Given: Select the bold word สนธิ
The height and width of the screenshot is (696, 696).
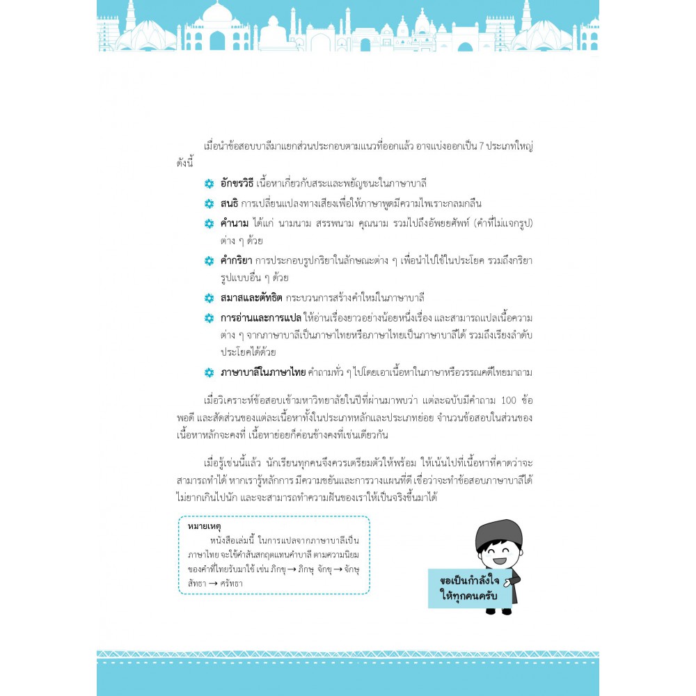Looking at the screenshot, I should click(x=230, y=203).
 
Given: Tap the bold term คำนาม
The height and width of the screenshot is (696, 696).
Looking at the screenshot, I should click(x=237, y=223).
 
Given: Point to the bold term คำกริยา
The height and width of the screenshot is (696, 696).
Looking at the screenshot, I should click(x=237, y=260).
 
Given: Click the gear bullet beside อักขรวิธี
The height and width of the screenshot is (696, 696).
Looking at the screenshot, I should click(x=209, y=184).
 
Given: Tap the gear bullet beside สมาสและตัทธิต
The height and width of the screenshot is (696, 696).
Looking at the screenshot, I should click(x=209, y=298).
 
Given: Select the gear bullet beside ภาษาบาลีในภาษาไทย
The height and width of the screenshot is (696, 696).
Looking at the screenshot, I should click(x=209, y=373).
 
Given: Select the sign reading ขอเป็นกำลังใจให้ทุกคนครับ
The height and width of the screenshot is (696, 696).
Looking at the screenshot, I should click(x=470, y=589).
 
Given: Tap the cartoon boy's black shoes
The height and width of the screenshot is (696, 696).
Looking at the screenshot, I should click(x=498, y=611).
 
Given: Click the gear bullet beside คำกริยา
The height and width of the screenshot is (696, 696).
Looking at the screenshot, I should click(x=209, y=260).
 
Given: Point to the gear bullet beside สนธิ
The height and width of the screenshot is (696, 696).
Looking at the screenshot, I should click(x=209, y=204).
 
